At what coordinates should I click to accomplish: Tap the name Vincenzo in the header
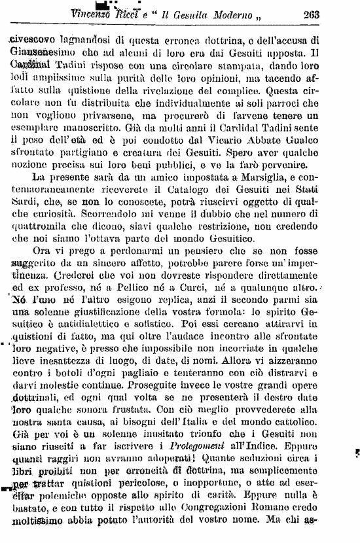[93, 14]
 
